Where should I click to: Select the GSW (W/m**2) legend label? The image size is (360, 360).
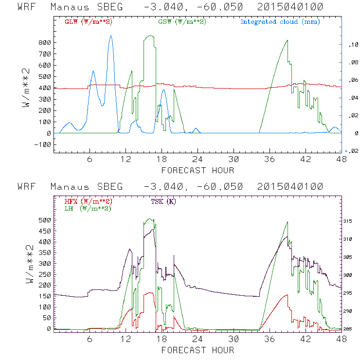[x=181, y=22]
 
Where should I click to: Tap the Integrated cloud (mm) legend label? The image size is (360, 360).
[x=280, y=22]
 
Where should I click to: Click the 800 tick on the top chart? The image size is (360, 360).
[x=45, y=43]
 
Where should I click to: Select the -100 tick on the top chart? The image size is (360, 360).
[x=43, y=144]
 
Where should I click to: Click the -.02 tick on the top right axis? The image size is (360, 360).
[x=352, y=151]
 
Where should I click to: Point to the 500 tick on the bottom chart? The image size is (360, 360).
[x=45, y=220]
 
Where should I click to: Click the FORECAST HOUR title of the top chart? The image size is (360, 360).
[x=198, y=170]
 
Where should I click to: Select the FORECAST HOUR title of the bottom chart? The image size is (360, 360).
[x=198, y=350]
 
